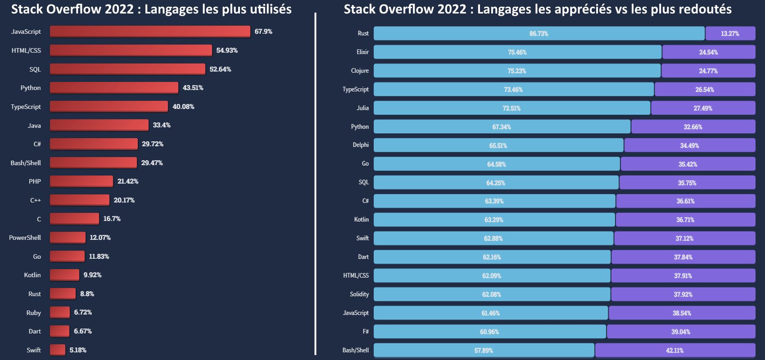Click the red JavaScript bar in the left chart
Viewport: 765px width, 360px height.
pyautogui.click(x=150, y=31)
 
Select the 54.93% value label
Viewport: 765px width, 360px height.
pyautogui.click(x=227, y=50)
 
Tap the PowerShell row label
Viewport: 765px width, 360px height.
pyautogui.click(x=25, y=238)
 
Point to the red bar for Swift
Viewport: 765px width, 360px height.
pyautogui.click(x=58, y=350)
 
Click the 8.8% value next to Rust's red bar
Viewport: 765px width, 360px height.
pyautogui.click(x=87, y=294)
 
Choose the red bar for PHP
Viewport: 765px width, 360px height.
pyautogui.click(x=81, y=181)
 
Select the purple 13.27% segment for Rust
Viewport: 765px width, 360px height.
pyautogui.click(x=730, y=34)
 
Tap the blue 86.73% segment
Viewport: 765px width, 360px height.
pyautogui.click(x=539, y=34)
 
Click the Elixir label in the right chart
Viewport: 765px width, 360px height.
pyautogui.click(x=362, y=52)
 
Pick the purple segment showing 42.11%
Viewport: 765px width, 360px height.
pyautogui.click(x=674, y=351)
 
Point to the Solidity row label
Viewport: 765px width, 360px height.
pyautogui.click(x=359, y=294)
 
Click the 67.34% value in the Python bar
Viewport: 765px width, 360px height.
pyautogui.click(x=501, y=127)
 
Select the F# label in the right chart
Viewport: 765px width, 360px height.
pyautogui.click(x=366, y=332)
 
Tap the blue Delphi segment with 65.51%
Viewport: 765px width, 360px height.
pyautogui.click(x=498, y=146)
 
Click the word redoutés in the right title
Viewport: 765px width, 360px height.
pyautogui.click(x=707, y=9)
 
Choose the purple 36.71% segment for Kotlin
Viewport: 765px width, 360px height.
pyautogui.click(x=685, y=220)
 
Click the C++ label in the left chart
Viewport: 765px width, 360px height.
pyautogui.click(x=35, y=200)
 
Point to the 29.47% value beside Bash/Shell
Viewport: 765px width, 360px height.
pyautogui.click(x=152, y=163)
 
